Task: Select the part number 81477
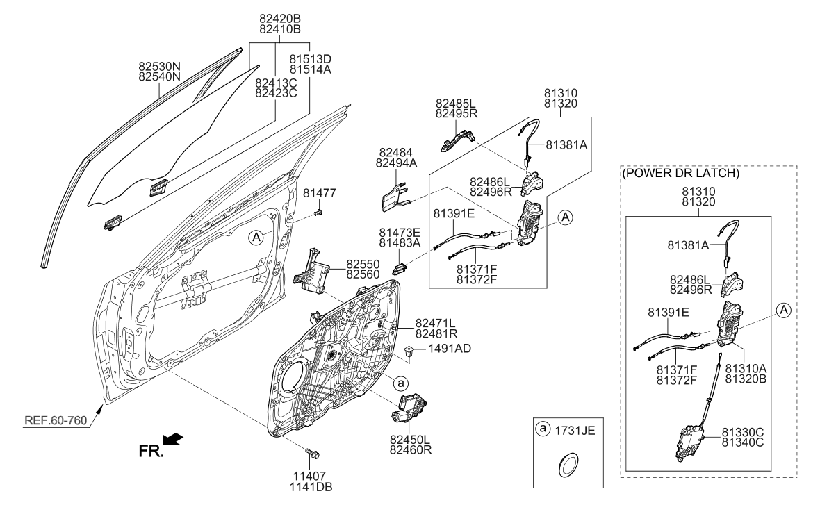[320, 193]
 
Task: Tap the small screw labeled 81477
[318, 212]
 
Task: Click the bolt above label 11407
[313, 453]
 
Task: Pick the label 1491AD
[450, 348]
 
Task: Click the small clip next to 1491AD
[410, 350]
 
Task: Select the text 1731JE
[575, 430]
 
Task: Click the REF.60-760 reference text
[56, 421]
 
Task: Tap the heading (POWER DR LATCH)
[680, 173]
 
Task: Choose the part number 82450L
[410, 439]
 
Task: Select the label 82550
[363, 265]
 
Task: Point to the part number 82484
[396, 153]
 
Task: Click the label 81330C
[743, 432]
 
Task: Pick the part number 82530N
[160, 67]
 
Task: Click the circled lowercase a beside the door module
[400, 383]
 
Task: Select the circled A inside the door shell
[256, 238]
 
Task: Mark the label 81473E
[400, 233]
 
